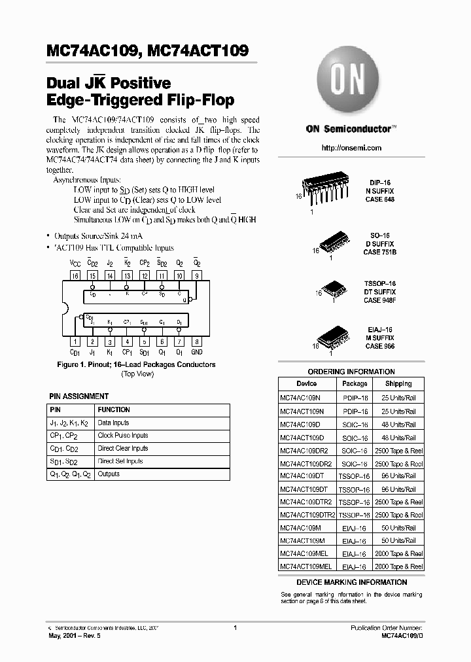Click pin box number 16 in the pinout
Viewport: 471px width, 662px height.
75,277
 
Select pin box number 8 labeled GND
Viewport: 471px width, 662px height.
197,341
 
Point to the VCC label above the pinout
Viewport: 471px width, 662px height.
75,263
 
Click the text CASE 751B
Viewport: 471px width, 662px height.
381,252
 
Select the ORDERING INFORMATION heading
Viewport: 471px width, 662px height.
351,371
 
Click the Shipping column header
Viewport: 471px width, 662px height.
398,383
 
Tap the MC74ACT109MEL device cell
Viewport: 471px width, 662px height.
305,566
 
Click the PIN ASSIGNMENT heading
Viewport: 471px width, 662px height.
79,396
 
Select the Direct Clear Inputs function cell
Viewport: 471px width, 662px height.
123,448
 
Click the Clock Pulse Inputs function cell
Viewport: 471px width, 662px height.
123,435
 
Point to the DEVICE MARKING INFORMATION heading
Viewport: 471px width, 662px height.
351,582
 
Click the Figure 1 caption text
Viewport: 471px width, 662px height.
136,364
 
